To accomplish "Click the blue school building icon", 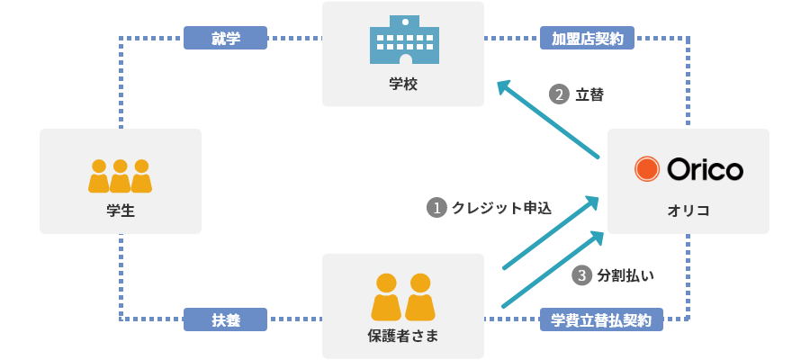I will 403,41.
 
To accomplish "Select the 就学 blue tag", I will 226,38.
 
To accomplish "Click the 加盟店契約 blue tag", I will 588,38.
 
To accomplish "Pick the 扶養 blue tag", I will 226,319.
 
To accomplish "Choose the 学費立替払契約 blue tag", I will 601,319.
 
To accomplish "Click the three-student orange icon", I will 120,175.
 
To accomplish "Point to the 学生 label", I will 120,211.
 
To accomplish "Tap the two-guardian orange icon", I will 402,296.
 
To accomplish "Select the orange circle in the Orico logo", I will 647,169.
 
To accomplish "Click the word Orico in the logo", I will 705,169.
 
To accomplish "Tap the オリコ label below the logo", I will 688,210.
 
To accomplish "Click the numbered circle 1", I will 436,207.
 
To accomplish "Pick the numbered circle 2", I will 560,94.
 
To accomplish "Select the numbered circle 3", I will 582,275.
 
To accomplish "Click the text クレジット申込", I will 501,207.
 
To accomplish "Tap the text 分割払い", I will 625,275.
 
